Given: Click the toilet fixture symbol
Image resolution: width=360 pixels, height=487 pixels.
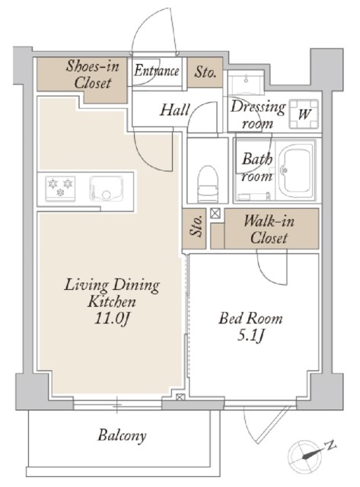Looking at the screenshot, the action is tap(209, 184).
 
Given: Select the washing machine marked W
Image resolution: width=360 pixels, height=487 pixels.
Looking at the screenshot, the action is tap(304, 114).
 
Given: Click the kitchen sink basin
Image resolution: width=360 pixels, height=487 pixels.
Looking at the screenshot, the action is tap(107, 188).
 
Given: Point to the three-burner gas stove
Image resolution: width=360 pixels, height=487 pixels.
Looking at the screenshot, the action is tap(60, 188).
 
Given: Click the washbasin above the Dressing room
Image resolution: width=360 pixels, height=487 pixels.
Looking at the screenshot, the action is tap(246, 82).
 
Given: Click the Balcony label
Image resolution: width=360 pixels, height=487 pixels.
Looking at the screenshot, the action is tap(122, 435).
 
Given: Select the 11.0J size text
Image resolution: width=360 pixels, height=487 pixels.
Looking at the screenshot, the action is tap(112, 318).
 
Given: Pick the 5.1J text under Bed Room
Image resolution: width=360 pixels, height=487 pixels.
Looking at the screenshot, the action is tap(250, 336).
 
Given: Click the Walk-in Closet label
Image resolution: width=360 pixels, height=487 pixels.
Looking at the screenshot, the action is tap(269, 230).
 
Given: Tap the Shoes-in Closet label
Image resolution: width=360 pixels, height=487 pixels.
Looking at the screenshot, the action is tap(93, 75).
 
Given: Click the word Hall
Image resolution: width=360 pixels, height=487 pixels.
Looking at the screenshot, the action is tap(175, 110).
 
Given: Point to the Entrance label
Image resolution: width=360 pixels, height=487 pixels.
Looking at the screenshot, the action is tap(157, 71).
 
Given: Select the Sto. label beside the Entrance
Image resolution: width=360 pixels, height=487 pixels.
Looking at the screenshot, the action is tap(205, 72).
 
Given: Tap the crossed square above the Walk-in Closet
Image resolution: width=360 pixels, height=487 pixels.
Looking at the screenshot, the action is tap(215, 213).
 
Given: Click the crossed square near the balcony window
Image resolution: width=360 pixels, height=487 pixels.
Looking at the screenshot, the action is tap(180, 397).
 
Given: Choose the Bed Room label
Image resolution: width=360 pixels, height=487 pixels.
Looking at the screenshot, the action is tap(250, 319).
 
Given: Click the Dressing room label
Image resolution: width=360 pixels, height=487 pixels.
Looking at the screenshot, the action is tap(258, 115).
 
